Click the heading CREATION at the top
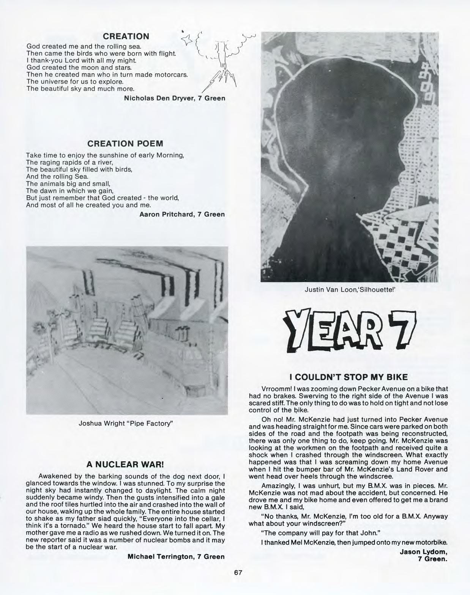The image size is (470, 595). pos(126,36)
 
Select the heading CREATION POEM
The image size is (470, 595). pos(125,144)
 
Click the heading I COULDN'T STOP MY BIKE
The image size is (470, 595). pos(348,377)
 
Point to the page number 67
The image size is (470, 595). pos(238,573)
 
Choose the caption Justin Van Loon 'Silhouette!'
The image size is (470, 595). pos(350,290)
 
